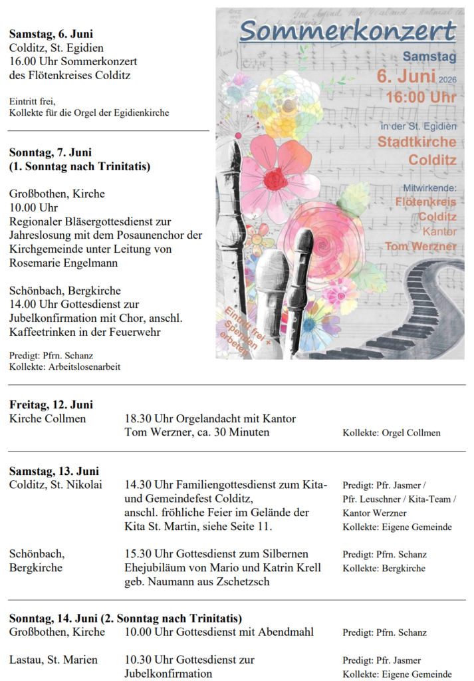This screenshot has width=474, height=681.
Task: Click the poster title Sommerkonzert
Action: coord(348,31)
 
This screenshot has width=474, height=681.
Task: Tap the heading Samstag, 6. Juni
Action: coord(51,34)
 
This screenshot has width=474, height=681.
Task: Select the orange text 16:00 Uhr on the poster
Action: coord(421,97)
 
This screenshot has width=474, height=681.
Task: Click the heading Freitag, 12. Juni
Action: coord(51,404)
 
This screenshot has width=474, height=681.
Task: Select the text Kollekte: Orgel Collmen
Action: coord(391,433)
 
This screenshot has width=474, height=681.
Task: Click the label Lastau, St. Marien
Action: coord(53,660)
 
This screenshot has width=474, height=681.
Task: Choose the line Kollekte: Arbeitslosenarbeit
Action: coord(64,366)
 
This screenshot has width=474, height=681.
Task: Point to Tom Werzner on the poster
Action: coord(421,247)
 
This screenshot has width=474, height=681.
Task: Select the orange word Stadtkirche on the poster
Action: coord(417,142)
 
